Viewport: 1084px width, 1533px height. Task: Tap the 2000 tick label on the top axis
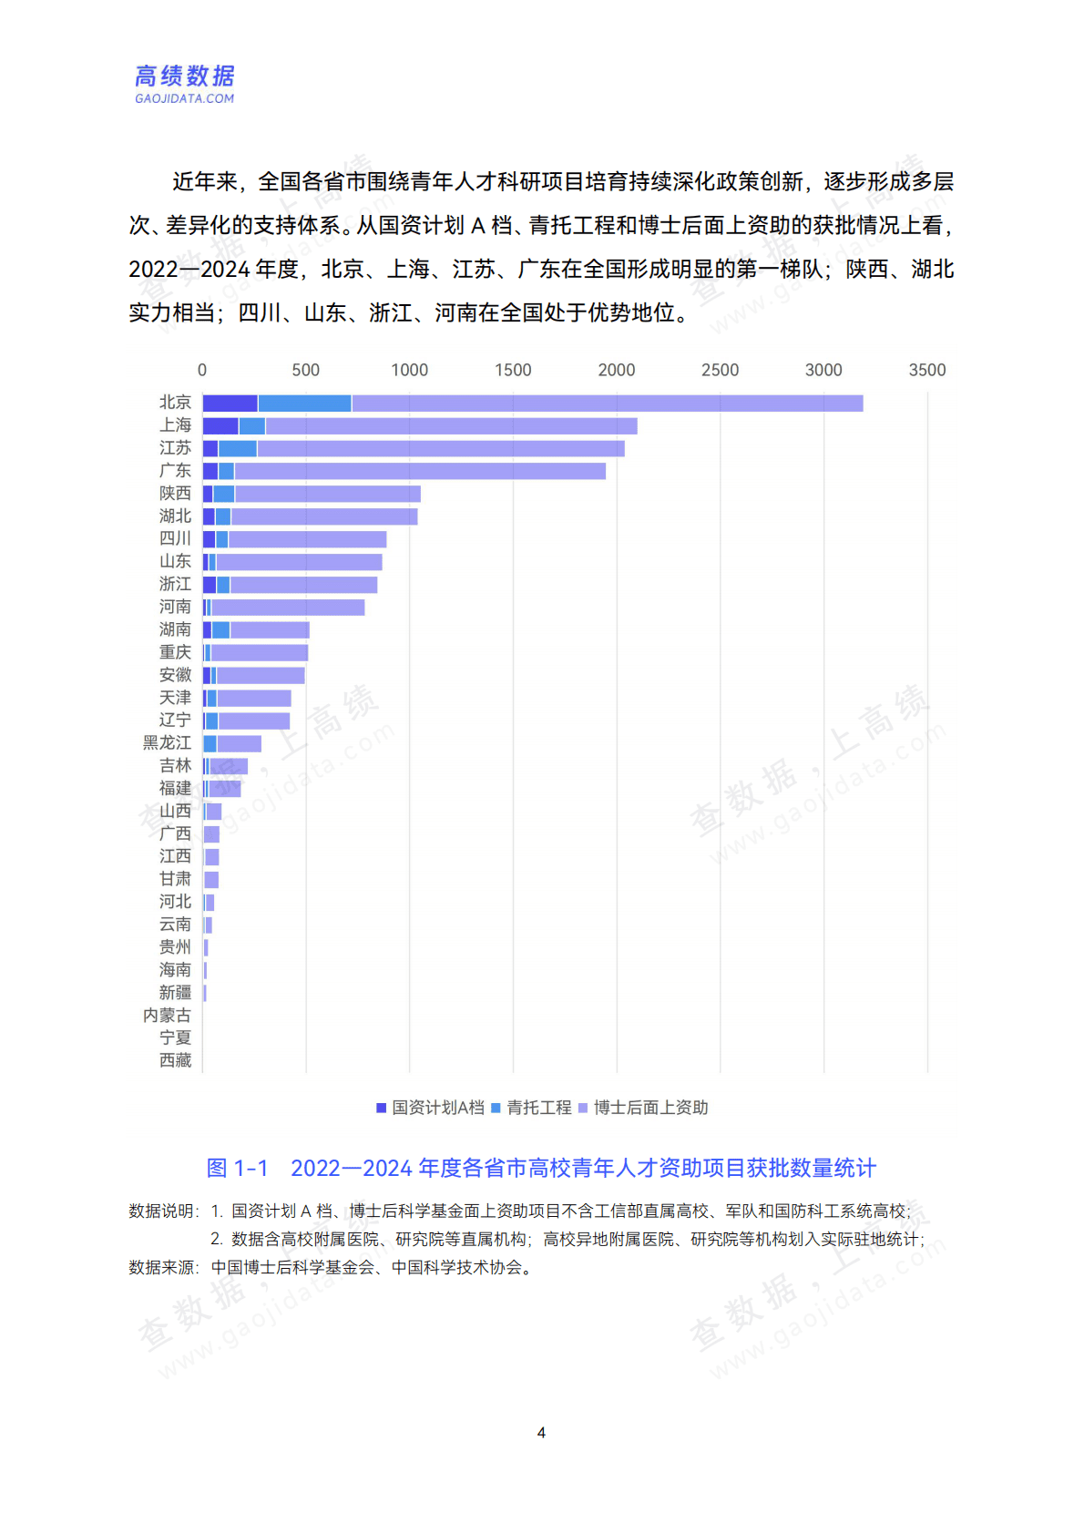(616, 370)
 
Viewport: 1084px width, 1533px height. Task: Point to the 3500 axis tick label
(926, 370)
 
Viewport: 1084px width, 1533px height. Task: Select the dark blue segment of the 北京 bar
(230, 404)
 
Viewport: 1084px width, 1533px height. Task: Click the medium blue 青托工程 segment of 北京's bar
(304, 404)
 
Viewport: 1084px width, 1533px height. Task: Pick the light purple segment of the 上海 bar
(451, 426)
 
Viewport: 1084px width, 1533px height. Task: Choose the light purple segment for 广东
(419, 471)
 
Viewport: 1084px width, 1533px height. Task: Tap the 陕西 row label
(175, 494)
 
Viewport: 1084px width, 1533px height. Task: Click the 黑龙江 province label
(167, 743)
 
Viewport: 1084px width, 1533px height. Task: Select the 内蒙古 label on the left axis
(167, 1016)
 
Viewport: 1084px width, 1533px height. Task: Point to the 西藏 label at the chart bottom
(175, 1060)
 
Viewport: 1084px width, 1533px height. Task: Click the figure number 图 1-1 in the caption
(237, 1168)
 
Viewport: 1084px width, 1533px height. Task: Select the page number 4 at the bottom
(541, 1433)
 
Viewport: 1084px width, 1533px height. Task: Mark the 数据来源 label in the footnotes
(162, 1267)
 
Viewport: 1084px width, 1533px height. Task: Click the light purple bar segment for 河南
(287, 608)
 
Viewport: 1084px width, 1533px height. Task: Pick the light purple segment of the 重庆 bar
(259, 653)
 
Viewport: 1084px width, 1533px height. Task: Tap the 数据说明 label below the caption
(162, 1211)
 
